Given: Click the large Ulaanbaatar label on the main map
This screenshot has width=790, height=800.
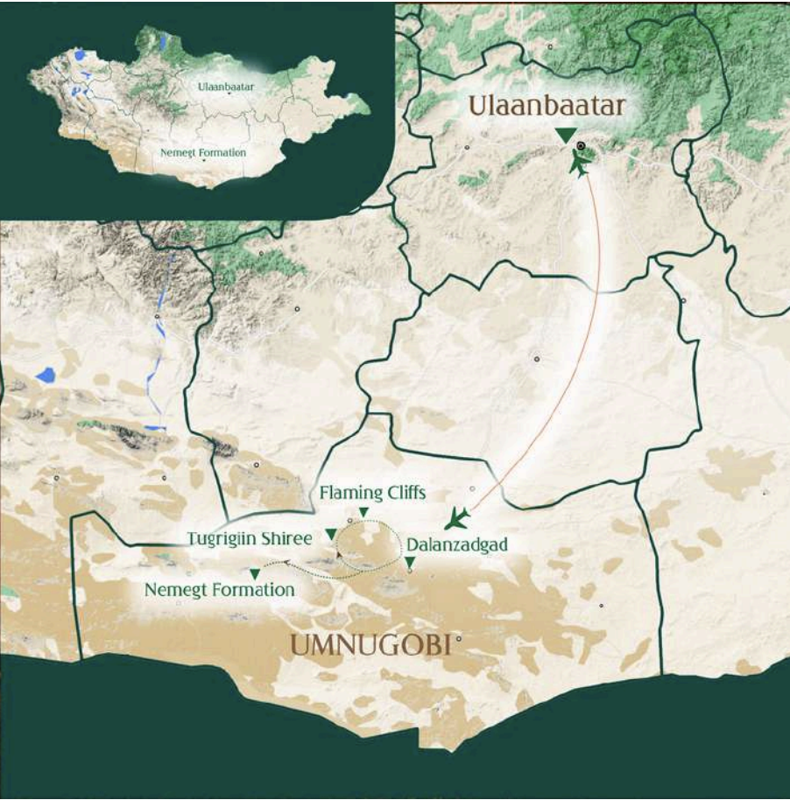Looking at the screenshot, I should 547,106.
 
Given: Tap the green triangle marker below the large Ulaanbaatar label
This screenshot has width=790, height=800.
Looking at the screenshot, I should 566,134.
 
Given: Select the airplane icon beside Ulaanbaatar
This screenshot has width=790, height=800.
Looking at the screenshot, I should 580,163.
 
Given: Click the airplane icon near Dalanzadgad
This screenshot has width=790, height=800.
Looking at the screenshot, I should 456,519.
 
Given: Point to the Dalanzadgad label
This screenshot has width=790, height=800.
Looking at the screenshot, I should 456,544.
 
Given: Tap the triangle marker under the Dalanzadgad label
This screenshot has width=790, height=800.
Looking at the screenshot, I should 410,561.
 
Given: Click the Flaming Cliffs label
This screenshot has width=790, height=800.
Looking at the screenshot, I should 372,493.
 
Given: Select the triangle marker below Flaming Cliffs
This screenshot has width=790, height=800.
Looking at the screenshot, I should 364,512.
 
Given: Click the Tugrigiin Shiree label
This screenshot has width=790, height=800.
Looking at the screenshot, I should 250,538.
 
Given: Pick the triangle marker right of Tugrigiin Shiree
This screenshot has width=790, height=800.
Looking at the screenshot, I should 330,534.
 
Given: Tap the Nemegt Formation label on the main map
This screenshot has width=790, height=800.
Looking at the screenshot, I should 219,589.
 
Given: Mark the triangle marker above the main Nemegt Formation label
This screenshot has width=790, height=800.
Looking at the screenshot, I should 255,573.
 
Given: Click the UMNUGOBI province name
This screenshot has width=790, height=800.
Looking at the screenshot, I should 370,646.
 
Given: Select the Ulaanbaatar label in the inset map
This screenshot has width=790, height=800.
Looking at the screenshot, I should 226,88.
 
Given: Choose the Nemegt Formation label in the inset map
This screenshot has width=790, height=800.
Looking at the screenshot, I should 203,152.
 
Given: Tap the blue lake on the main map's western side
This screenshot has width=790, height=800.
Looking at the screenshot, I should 46,376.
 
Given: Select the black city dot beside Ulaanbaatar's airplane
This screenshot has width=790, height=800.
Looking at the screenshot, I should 580,146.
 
